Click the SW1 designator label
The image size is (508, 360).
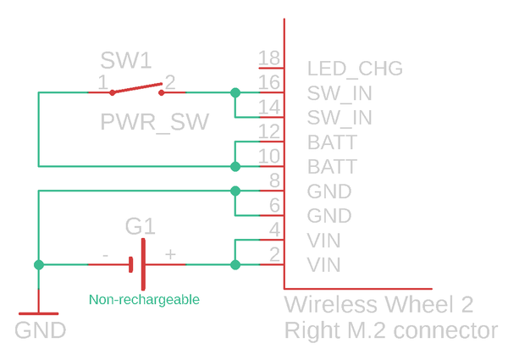pyautogui.click(x=126, y=61)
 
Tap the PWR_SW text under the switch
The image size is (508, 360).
pyautogui.click(x=154, y=122)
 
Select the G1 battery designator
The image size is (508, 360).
pyautogui.click(x=141, y=227)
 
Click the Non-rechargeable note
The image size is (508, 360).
pyautogui.click(x=144, y=300)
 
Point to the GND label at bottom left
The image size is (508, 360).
pyautogui.click(x=41, y=330)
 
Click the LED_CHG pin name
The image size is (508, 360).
pyautogui.click(x=355, y=69)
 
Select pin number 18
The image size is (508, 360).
pyautogui.click(x=269, y=58)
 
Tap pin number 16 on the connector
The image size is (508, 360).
pyautogui.click(x=269, y=82)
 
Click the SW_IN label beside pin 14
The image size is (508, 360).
pyautogui.click(x=340, y=118)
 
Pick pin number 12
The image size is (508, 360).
pyautogui.click(x=269, y=131)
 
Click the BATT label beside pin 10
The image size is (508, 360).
pyautogui.click(x=332, y=167)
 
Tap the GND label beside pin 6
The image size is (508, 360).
pyautogui.click(x=329, y=216)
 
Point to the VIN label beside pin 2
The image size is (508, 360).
pyautogui.click(x=324, y=265)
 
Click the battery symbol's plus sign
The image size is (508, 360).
pyautogui.click(x=170, y=254)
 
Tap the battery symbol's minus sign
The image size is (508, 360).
pyautogui.click(x=105, y=254)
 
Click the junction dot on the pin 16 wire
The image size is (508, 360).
pyautogui.click(x=235, y=92)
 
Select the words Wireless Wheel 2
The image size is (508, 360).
pyautogui.click(x=378, y=305)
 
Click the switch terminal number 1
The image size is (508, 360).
pyautogui.click(x=102, y=82)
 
